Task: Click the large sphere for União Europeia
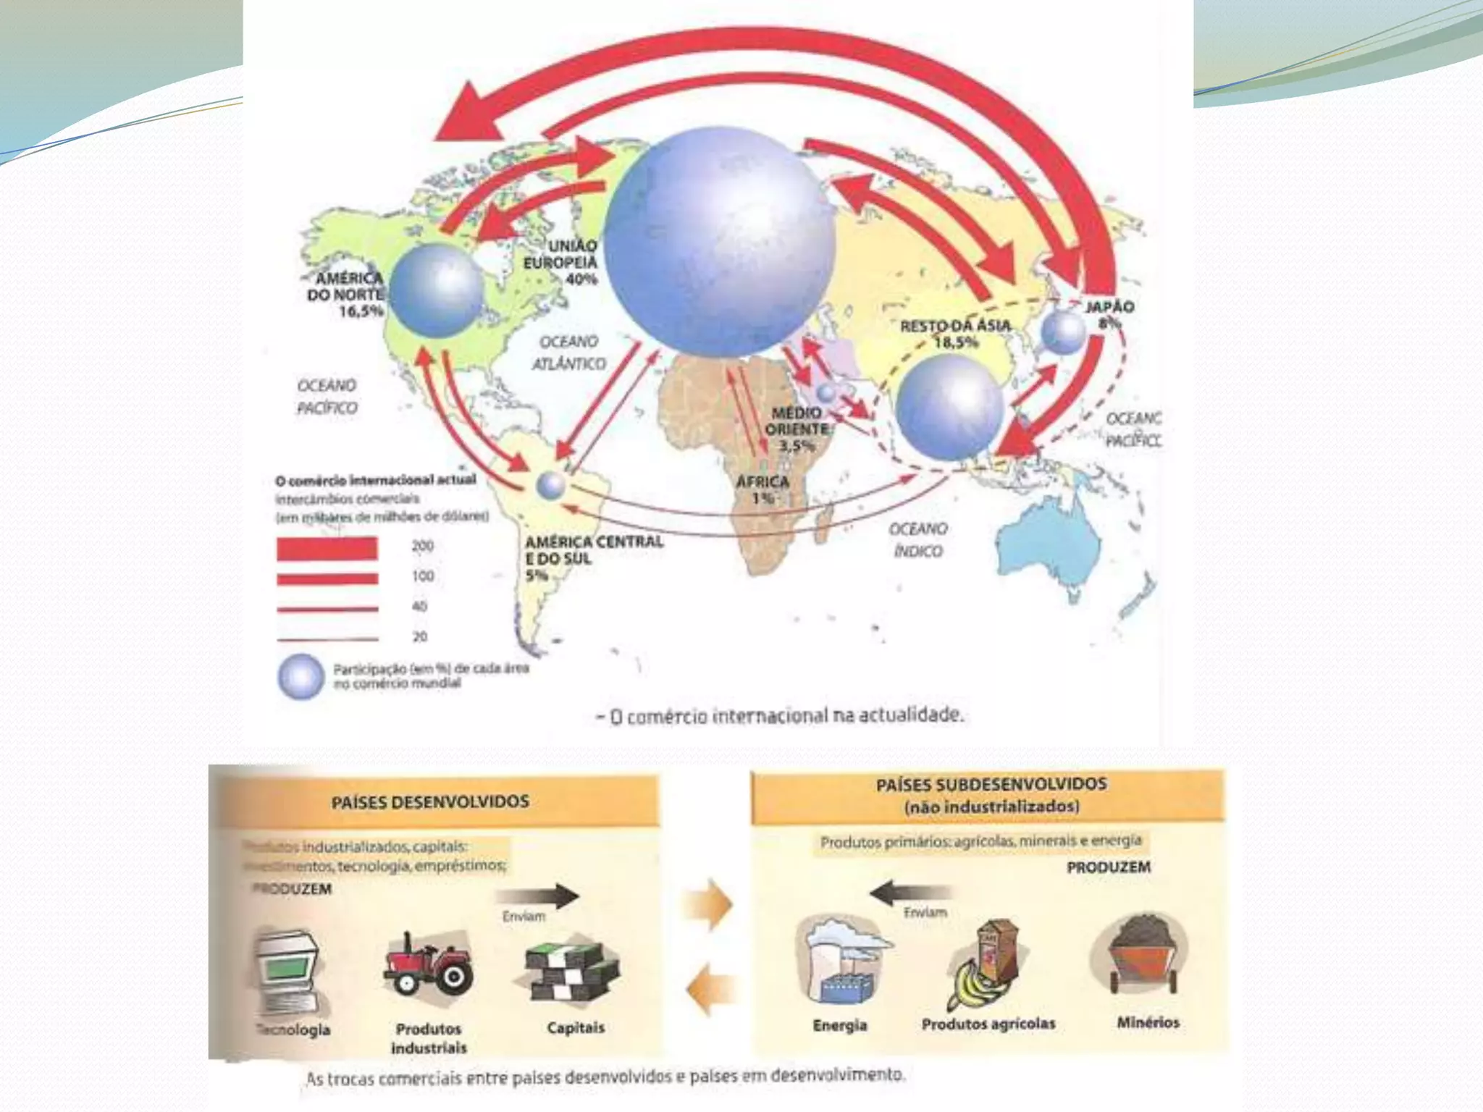point(720,242)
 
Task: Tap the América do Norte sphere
point(437,290)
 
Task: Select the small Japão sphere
point(1064,332)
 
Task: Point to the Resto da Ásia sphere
point(949,407)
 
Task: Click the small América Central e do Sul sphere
point(551,485)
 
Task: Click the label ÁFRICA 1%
point(762,489)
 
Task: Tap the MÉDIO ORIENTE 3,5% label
point(797,429)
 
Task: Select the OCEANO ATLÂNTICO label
point(569,352)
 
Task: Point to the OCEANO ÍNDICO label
point(917,540)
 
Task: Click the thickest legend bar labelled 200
point(327,548)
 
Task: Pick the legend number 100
point(423,576)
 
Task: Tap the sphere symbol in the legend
point(301,676)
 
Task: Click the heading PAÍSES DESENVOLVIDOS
point(430,801)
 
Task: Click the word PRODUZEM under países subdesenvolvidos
point(1108,867)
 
